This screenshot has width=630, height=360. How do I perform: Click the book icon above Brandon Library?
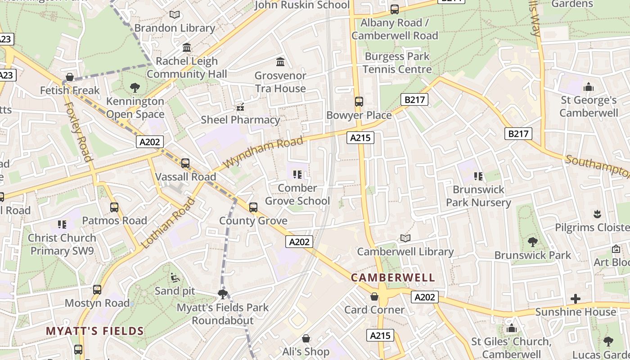pyautogui.click(x=175, y=14)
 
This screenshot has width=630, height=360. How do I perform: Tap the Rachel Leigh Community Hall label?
pyautogui.click(x=187, y=67)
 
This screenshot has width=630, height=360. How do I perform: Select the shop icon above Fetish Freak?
pyautogui.click(x=69, y=77)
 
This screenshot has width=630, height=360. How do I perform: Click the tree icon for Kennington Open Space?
pyautogui.click(x=135, y=88)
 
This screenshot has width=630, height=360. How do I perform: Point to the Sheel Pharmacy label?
pyautogui.click(x=240, y=120)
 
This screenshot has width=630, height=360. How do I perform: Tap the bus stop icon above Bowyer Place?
pyautogui.click(x=359, y=102)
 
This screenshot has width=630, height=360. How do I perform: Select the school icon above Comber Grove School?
pyautogui.click(x=297, y=175)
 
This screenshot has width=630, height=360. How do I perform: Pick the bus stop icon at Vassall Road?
pyautogui.click(x=185, y=163)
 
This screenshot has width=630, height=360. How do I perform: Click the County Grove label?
pyautogui.click(x=253, y=220)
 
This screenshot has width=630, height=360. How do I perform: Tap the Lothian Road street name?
pyautogui.click(x=169, y=223)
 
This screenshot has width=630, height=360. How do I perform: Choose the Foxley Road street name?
pyautogui.click(x=78, y=131)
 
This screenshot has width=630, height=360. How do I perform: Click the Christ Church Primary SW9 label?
pyautogui.click(x=62, y=244)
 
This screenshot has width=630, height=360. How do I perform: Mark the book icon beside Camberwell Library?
pyautogui.click(x=405, y=238)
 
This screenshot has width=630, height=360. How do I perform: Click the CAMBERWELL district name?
pyautogui.click(x=393, y=278)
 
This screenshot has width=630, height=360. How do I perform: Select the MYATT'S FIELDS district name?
pyautogui.click(x=95, y=331)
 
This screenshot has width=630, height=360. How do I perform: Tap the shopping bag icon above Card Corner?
pyautogui.click(x=374, y=297)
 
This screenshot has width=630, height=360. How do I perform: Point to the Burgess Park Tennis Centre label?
pyautogui.click(x=397, y=63)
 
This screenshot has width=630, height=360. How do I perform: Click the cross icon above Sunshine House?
pyautogui.click(x=575, y=299)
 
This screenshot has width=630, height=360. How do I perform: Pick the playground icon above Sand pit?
pyautogui.click(x=175, y=278)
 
